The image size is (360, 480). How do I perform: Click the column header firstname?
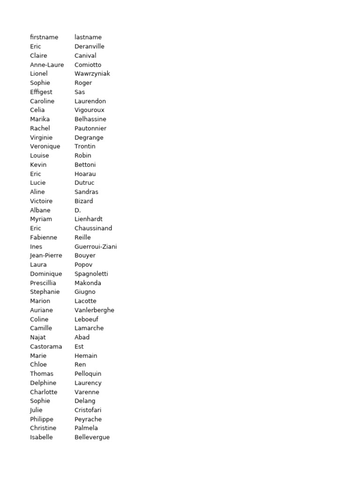coord(44,37)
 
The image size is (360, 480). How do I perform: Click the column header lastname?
coord(88,37)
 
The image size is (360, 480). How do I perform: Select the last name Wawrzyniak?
coord(92,74)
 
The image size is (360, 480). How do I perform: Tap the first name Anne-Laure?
coord(47,65)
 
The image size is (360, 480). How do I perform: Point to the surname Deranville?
coord(90,46)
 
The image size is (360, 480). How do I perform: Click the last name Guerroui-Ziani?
coord(96,247)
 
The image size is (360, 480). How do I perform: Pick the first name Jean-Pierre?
coord(46,255)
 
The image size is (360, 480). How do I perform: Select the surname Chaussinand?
coord(93,228)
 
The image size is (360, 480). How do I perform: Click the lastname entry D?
coord(78,210)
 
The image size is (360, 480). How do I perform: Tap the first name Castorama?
coord(46,346)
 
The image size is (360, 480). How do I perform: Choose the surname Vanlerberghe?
coord(94,310)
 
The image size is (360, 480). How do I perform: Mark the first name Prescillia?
coord(43,283)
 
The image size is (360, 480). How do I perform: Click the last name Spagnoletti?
coord(91,274)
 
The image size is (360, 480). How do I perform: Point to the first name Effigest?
coord(41,92)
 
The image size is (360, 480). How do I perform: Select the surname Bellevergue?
coord(92,437)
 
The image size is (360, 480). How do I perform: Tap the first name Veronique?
coord(45,146)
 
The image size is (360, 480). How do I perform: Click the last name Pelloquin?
coord(88,374)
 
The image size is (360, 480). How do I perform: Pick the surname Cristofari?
coord(88,410)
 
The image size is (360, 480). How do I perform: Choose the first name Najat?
coord(38,337)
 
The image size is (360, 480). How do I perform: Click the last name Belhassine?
coord(90,119)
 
